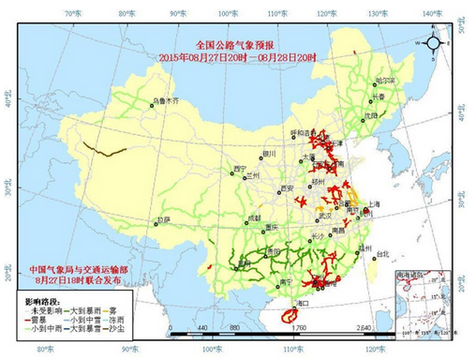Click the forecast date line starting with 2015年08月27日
(238, 57)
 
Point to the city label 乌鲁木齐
(164, 99)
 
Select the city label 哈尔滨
(385, 82)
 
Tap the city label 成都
(255, 217)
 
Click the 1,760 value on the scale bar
(299, 329)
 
